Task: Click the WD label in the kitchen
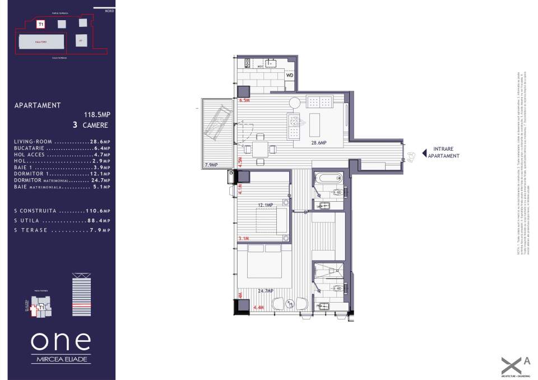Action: click(x=290, y=75)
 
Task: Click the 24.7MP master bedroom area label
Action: click(x=265, y=291)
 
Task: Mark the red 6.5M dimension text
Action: click(x=244, y=100)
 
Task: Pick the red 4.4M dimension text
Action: click(x=259, y=308)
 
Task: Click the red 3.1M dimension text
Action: click(x=243, y=239)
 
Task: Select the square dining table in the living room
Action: click(x=260, y=150)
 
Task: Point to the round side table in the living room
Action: click(x=295, y=103)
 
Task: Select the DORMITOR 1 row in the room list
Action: click(x=62, y=174)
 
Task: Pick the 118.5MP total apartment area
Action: click(x=97, y=114)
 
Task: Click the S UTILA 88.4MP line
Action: click(x=62, y=221)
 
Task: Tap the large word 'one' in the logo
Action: click(x=61, y=341)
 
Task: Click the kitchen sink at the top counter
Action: click(x=271, y=63)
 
